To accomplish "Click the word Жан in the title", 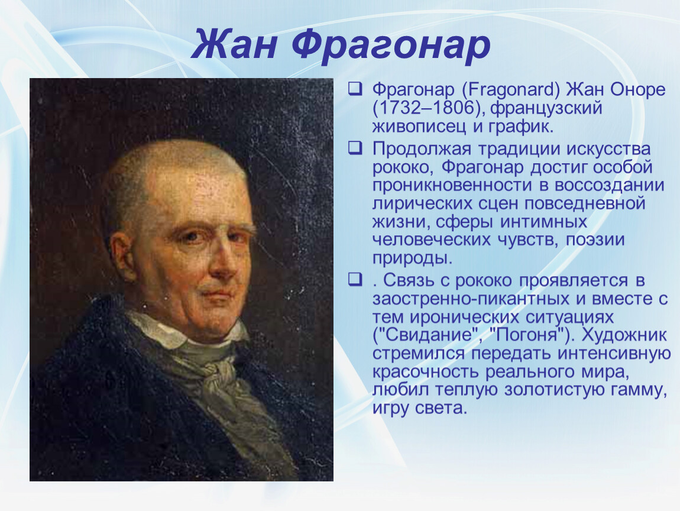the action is click(234, 45).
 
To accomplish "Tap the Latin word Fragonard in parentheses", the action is click(511, 90).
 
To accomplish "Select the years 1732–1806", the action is click(427, 108).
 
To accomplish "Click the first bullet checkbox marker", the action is click(355, 89).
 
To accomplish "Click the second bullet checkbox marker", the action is click(355, 148).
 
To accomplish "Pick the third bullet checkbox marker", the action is click(355, 279).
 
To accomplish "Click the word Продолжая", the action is click(422, 150).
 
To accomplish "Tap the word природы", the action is click(412, 258).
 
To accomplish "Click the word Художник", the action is click(624, 335).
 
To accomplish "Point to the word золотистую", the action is click(553, 390).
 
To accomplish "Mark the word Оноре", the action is click(637, 90).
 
